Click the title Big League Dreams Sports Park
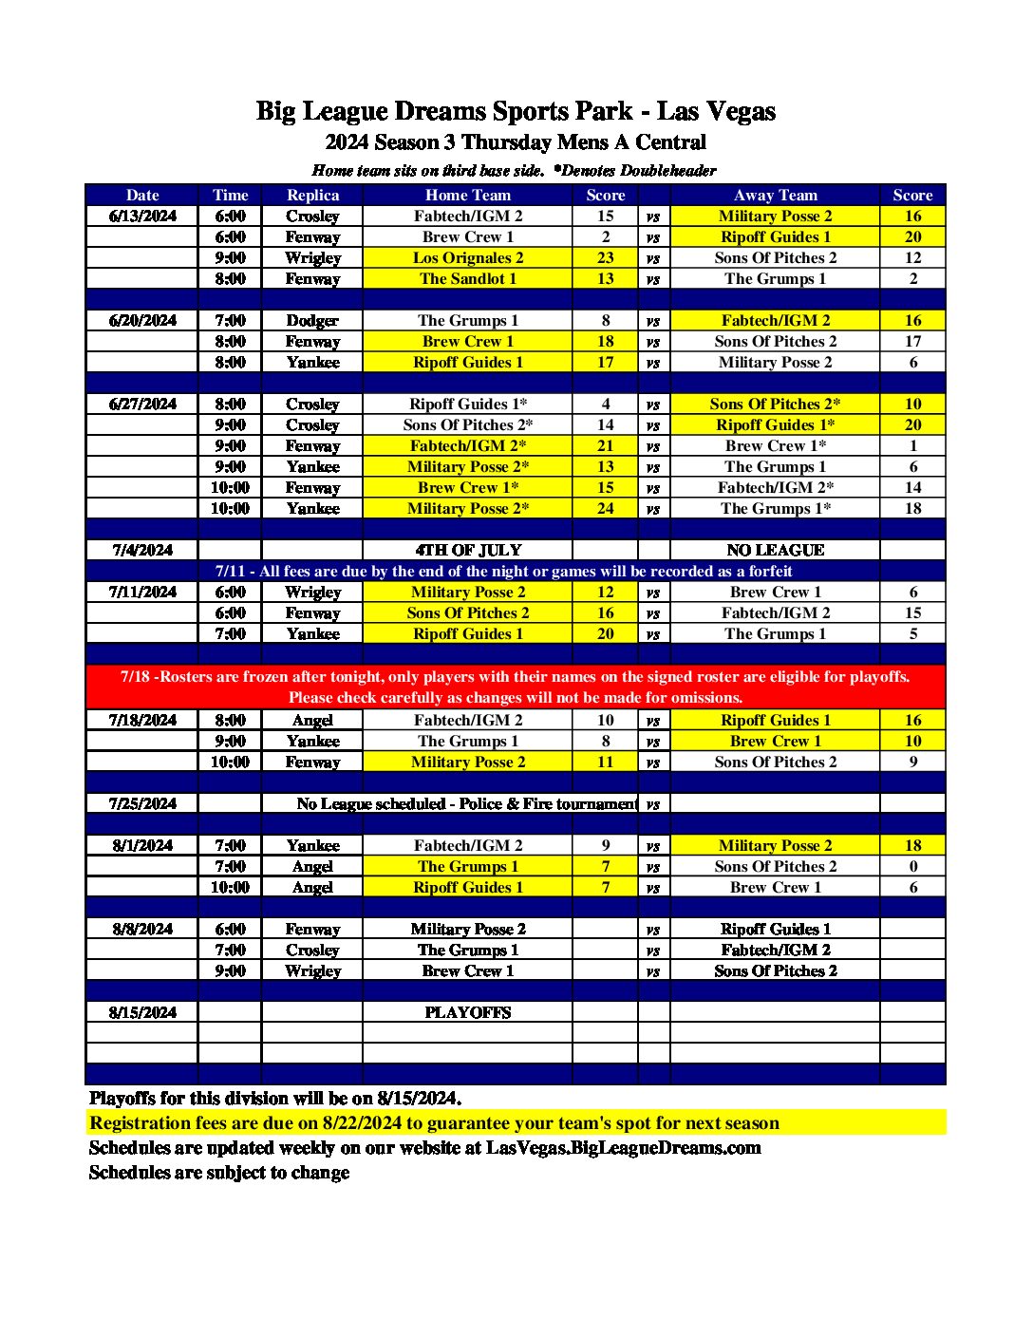516,111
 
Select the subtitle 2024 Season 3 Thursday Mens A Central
516,142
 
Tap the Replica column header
312,196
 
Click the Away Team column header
775,196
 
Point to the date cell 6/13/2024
142,217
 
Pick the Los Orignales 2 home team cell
468,258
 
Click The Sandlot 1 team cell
468,279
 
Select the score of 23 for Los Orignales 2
606,258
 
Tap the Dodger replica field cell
312,321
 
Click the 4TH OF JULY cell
468,551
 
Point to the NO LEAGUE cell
775,551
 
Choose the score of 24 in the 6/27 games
606,509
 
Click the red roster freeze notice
516,687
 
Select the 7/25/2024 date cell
142,804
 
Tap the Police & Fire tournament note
466,804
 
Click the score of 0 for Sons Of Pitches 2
912,867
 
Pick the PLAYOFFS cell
468,1013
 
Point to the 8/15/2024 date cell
142,1013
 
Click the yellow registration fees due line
434,1123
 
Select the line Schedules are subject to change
219,1173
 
